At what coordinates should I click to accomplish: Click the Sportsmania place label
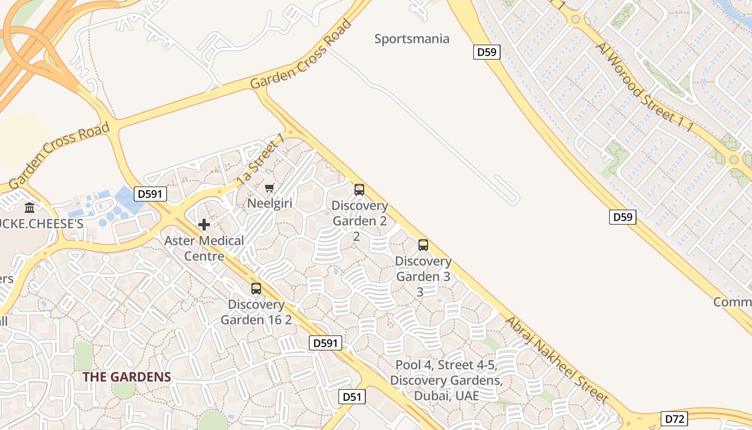coord(411,39)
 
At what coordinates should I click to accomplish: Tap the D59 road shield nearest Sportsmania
coord(487,52)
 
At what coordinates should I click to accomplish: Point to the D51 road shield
coord(352,397)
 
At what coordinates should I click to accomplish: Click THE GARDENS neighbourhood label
coord(127,377)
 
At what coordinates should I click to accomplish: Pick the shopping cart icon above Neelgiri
coord(270,188)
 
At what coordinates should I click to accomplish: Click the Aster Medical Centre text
coord(204,248)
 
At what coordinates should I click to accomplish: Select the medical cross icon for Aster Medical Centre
coord(204,225)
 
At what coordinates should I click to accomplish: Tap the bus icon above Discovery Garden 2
coord(359,190)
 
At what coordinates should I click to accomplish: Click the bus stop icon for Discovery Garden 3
coord(423,245)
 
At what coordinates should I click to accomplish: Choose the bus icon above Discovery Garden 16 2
coord(256,289)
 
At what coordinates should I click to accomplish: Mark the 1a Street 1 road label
coord(261,160)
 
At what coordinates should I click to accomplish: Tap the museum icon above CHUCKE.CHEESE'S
coord(30,207)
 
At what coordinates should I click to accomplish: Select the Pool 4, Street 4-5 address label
coord(446,381)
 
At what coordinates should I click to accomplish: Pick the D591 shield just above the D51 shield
coord(326,343)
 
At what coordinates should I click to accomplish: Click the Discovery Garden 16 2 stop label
coord(256,312)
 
